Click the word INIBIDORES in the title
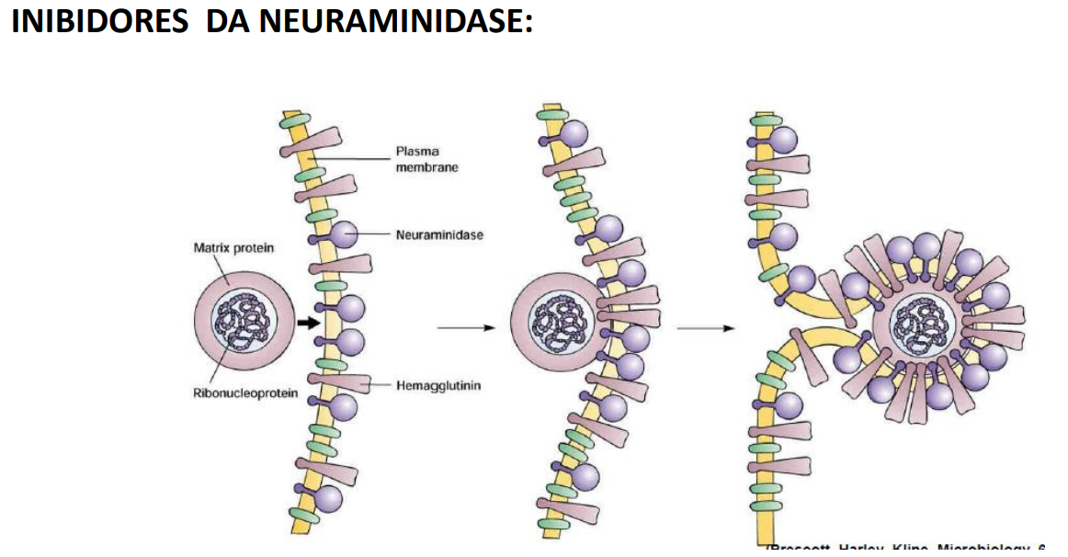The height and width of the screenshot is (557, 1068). [x=99, y=21]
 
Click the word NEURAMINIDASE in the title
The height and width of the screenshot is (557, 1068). [x=395, y=21]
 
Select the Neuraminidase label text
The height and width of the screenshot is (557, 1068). [x=438, y=234]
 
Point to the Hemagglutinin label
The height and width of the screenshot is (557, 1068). [x=437, y=385]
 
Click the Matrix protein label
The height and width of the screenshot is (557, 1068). [x=233, y=247]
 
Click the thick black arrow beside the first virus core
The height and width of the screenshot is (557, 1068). [x=310, y=323]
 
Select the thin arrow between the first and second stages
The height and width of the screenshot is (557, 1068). [x=466, y=327]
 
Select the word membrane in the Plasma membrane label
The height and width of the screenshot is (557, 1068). [x=426, y=167]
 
